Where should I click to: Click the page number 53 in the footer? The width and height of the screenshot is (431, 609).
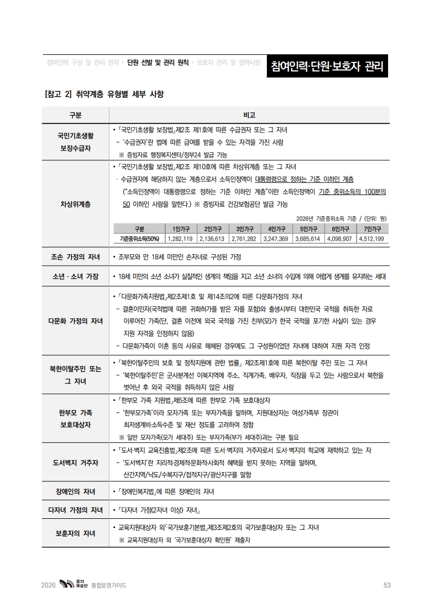point(387,585)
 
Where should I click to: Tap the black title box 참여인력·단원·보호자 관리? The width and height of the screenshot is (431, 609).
point(327,67)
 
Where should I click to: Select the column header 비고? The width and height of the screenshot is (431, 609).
point(249,115)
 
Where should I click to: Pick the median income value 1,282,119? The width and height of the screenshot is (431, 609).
point(180,238)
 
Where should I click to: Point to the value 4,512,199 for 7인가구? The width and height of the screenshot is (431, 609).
point(372,238)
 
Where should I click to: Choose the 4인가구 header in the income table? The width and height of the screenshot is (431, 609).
point(276,229)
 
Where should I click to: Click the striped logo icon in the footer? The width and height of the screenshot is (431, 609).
point(66,585)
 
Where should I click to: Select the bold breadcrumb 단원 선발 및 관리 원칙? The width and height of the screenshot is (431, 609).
point(158,62)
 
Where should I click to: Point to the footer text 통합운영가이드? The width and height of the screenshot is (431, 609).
point(109,585)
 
